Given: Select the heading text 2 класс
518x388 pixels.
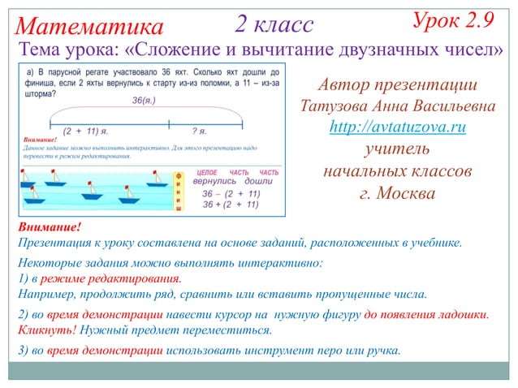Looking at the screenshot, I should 274,24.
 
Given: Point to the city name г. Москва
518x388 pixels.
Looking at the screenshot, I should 397,193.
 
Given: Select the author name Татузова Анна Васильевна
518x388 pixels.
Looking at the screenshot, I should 397,106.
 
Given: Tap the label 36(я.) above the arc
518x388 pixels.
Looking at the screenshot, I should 143,101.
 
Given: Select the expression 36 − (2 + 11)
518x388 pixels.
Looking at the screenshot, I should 231,195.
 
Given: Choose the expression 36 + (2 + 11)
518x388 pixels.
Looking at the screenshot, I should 231,205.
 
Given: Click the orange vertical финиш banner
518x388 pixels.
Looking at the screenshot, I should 179,192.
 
